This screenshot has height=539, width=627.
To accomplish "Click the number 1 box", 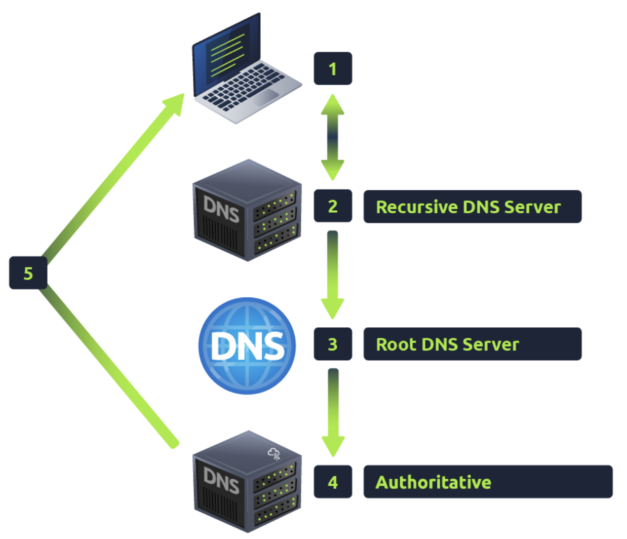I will [332, 68].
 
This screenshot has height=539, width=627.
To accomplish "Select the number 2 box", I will [332, 206].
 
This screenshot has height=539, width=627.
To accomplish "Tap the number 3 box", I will [332, 344].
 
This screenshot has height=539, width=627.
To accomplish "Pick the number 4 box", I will [332, 482].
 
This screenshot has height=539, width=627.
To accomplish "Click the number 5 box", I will [28, 273].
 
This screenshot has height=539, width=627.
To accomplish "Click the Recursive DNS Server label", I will [472, 207].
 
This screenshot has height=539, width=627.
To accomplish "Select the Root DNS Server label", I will [472, 344].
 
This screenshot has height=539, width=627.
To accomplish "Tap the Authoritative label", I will [487, 482].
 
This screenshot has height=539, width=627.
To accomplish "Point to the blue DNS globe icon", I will [247, 345].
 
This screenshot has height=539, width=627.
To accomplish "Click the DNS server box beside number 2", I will [247, 210].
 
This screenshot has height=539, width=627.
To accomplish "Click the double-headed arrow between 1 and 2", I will [332, 137].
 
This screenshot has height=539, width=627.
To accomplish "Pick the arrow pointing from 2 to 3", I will [332, 274].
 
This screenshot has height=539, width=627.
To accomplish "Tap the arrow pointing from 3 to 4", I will [332, 411].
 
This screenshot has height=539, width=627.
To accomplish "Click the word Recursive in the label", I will [416, 207].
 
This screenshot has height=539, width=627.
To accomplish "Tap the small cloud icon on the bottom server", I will [274, 454].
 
